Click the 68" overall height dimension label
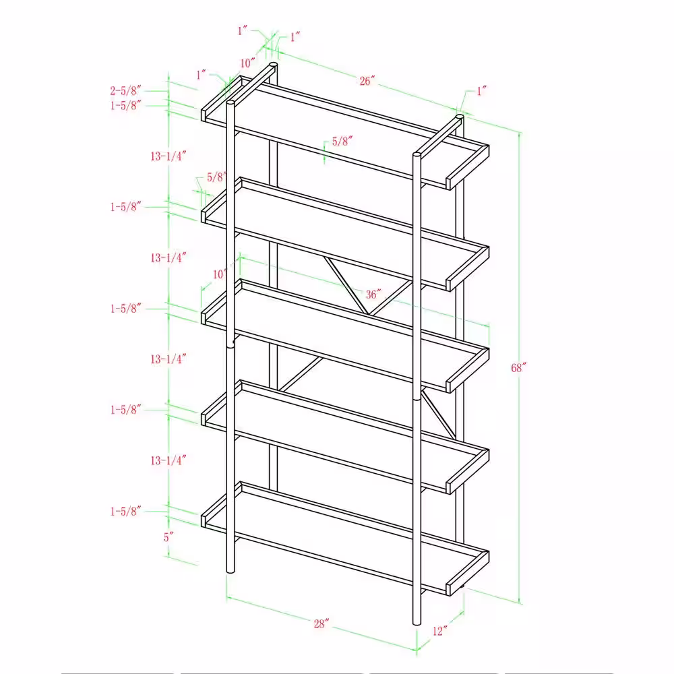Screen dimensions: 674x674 (x=518, y=368)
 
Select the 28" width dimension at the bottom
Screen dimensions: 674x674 (x=321, y=623)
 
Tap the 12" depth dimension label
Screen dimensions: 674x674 (x=439, y=631)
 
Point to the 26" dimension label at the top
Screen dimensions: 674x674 (x=367, y=81)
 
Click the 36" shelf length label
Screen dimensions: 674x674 (x=373, y=295)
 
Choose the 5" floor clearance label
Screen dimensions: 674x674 (x=168, y=537)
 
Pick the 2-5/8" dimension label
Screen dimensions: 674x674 (x=125, y=91)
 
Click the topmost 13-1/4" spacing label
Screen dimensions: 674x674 (x=168, y=156)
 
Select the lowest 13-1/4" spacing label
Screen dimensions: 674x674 (x=168, y=460)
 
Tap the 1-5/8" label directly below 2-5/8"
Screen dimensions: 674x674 (x=125, y=105)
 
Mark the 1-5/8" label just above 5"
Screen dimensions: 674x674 (x=125, y=511)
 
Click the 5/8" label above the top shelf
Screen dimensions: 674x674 (x=342, y=141)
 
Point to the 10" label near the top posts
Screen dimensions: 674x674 (x=247, y=63)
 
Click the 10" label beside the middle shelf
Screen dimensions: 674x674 (x=219, y=274)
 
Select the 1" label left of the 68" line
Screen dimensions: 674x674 (x=481, y=91)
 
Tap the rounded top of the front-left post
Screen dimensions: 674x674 (x=231, y=102)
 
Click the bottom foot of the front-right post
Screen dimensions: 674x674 (x=417, y=622)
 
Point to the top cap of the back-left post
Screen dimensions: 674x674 (x=273, y=65)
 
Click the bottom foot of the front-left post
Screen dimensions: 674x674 (x=231, y=571)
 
